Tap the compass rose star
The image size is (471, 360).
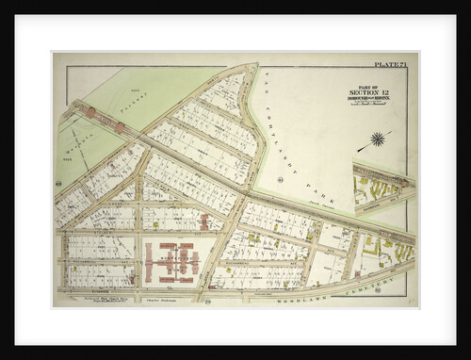click(378, 139)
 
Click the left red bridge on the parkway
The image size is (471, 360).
click(90, 111)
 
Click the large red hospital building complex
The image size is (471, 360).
click(171, 262)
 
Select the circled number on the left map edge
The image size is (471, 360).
click(58, 183)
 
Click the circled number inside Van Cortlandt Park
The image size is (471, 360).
click(281, 178)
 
